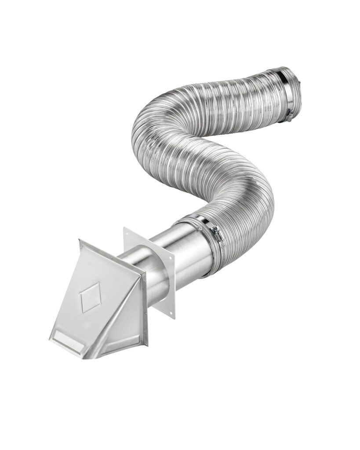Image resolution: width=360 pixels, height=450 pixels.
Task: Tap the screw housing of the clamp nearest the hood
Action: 214,229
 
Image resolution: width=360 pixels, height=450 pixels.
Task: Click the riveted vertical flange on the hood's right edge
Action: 145,308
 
